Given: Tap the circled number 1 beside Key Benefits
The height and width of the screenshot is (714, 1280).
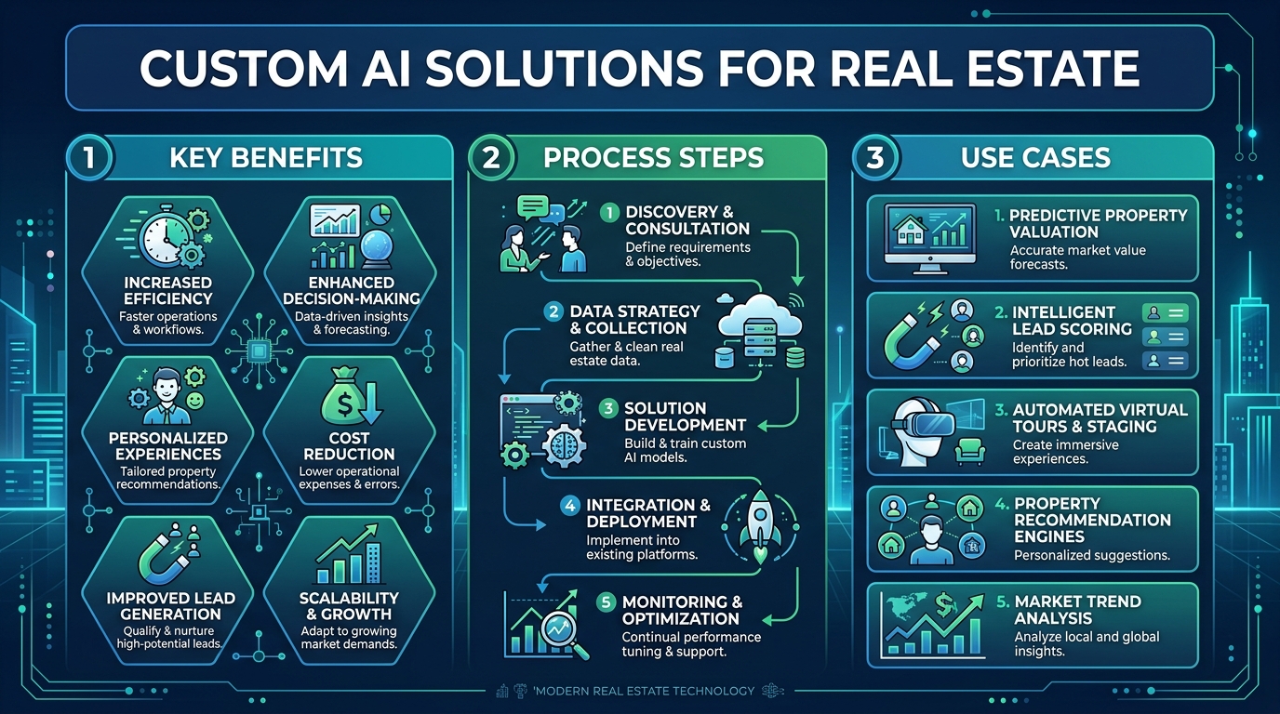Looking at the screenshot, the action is click(89, 157).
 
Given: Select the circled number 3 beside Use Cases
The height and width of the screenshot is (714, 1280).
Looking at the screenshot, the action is click(874, 157).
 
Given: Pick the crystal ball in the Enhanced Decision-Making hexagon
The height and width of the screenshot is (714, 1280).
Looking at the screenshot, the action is click(377, 249).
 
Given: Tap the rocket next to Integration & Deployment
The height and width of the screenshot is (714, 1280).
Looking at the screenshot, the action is click(760, 525).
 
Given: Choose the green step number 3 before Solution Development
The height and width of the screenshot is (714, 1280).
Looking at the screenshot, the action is click(608, 408).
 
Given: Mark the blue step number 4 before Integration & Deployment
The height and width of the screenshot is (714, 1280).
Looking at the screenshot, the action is click(570, 506).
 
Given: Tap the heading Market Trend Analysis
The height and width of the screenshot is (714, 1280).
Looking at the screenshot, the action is click(1078, 610).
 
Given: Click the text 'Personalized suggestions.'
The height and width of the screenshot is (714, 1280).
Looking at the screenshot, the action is click(1092, 555).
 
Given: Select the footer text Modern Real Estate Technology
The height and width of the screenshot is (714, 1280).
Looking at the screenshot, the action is click(644, 691).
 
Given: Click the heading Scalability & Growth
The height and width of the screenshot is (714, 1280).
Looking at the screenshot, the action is click(349, 606).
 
